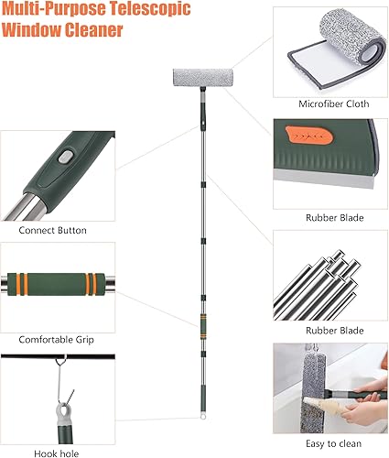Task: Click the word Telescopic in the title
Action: (150, 8)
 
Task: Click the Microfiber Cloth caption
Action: (334, 104)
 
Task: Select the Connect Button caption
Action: (52, 230)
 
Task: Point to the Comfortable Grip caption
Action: (56, 340)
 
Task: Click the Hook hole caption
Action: (57, 453)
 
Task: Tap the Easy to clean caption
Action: (333, 443)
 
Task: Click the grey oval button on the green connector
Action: (66, 157)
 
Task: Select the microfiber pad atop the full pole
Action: (203, 78)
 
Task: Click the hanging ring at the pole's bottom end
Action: (202, 416)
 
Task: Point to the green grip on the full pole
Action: (203, 326)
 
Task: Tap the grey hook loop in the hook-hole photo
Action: (63, 411)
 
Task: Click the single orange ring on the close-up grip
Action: (26, 285)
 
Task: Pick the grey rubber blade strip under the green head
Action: (323, 179)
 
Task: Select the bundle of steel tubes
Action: (316, 285)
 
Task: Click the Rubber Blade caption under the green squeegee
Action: (334, 218)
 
